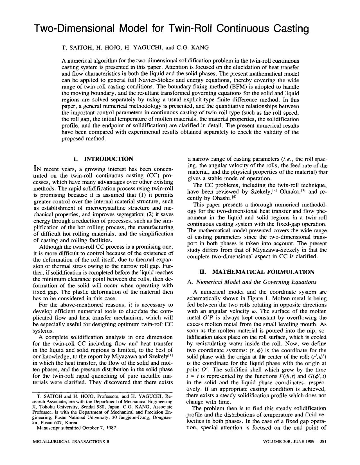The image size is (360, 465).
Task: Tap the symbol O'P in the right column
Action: [x=208, y=318]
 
